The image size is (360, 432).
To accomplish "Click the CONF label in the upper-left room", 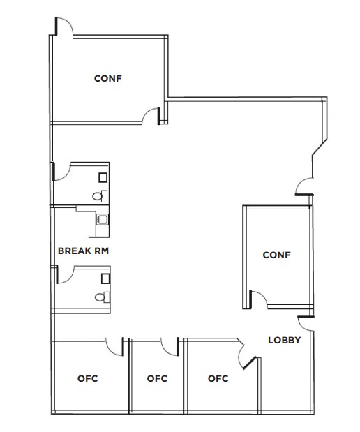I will coord(108,78).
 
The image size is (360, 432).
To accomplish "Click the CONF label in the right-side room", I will coord(276,255).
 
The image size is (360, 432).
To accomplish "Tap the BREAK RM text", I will coord(85,249).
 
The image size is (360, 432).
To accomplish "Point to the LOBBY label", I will coord(285,341).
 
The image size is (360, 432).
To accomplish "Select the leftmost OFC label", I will coord(87,379).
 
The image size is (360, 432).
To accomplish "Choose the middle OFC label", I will coord(158,379).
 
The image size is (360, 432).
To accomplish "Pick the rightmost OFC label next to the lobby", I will coord(218,379).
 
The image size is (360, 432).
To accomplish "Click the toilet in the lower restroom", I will coord(100,297).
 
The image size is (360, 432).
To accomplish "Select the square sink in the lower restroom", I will coord(105,278).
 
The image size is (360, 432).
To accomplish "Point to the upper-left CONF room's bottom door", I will coord(150,116).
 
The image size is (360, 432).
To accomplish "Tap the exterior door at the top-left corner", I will coord(63,26).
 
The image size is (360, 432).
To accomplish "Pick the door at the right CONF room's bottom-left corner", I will coord(258,298).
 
